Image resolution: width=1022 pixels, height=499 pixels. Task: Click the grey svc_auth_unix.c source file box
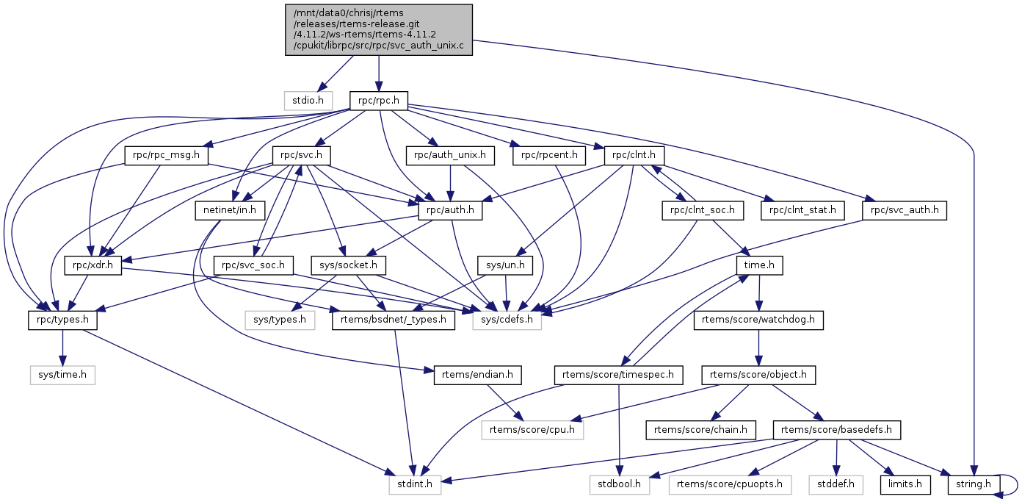coord(379,29)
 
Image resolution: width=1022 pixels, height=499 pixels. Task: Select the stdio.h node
coord(308,98)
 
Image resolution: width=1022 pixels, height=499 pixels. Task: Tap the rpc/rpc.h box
coord(378,98)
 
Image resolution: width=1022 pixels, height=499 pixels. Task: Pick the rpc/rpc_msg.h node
coord(167,156)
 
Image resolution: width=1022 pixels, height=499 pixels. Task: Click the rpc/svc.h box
coord(302,156)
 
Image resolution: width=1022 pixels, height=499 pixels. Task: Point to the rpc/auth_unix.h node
coord(450,156)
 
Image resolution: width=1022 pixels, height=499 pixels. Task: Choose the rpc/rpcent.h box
coord(549,156)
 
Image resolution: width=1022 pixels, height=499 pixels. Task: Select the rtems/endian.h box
coord(478,375)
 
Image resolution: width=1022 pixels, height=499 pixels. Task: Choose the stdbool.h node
coord(619,484)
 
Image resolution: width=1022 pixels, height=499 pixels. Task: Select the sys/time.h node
coord(62,375)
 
